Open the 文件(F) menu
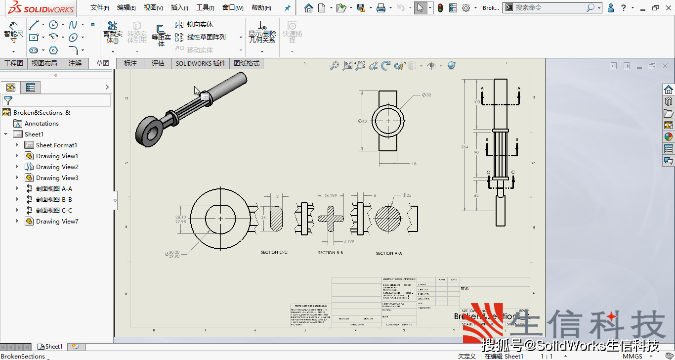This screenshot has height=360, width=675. tap(100, 8)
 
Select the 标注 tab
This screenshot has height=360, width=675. tap(130, 63)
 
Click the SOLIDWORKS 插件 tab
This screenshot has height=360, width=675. tap(201, 63)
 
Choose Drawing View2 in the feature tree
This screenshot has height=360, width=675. tap(57, 167)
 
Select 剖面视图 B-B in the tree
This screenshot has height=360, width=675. tap(54, 199)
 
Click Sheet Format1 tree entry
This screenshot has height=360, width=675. tap(56, 145)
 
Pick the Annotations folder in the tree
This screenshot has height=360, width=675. tap(42, 123)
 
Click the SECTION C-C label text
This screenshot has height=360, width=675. tap(274, 252)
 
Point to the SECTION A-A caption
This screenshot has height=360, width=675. tap(389, 253)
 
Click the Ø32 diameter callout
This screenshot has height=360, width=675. tap(426, 95)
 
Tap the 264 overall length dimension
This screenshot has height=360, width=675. tap(464, 147)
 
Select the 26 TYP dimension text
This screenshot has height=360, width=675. tap(330, 196)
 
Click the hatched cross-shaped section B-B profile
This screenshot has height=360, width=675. tap(331, 218)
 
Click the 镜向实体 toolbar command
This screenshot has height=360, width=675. tap(200, 24)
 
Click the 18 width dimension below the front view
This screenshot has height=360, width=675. tap(414, 164)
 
